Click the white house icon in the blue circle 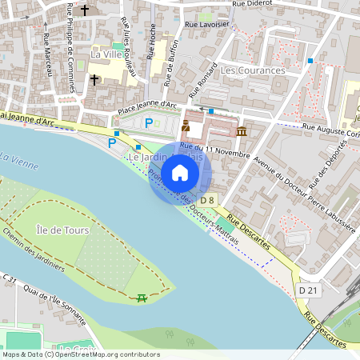point(180,173)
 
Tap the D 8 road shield point(207,199)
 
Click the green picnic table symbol point(142,298)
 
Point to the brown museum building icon point(242,130)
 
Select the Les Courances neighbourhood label point(252,70)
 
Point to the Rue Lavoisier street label point(206,25)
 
